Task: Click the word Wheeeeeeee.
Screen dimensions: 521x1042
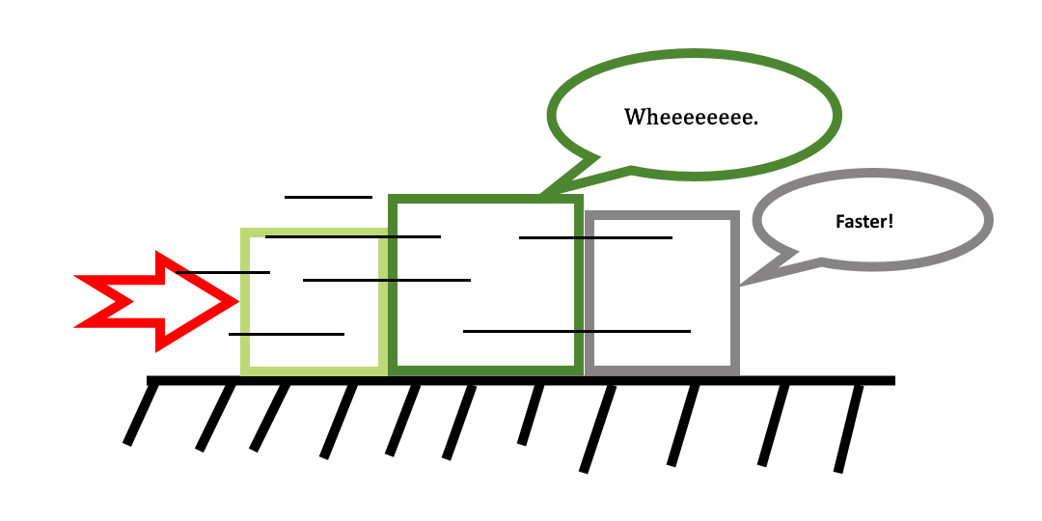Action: coord(691,118)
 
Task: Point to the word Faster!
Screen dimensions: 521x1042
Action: coord(864,221)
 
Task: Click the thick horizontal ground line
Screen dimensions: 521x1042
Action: coord(521,380)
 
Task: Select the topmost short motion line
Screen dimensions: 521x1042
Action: coord(328,197)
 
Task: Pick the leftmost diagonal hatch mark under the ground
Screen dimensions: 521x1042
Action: coord(141,415)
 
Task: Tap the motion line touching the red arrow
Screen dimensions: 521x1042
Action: coord(223,273)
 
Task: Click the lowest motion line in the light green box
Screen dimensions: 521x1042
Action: coord(287,334)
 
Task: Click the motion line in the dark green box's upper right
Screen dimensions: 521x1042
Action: coord(595,236)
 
